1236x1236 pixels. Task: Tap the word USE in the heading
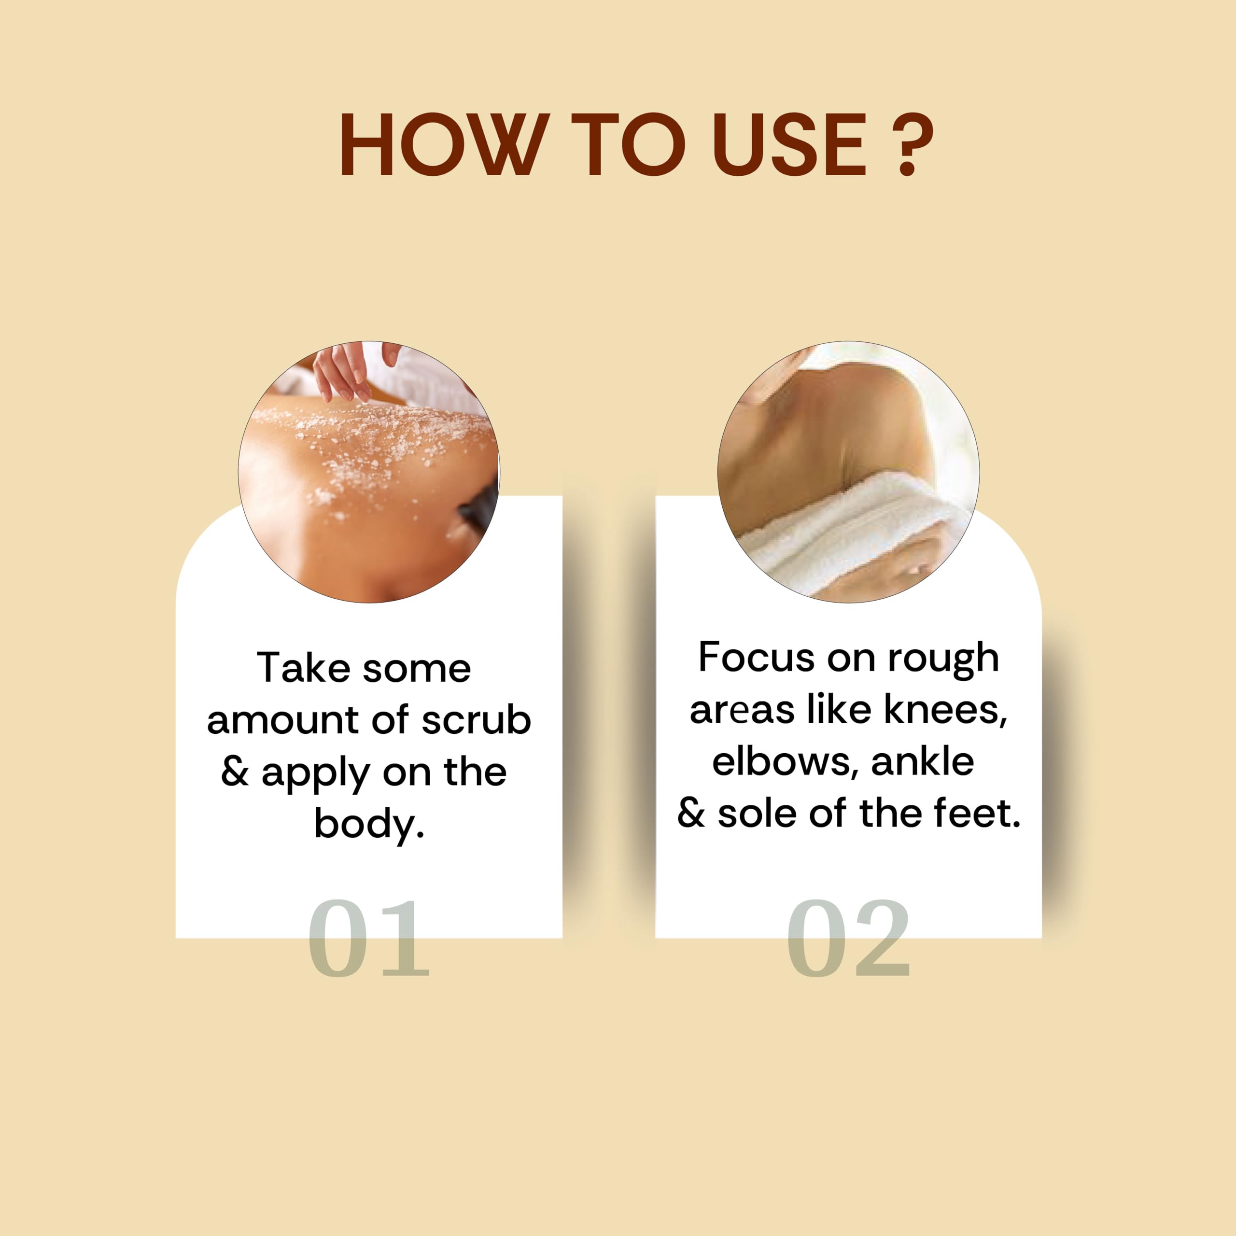789,144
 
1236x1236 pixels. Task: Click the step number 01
368,938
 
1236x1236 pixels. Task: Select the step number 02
848,938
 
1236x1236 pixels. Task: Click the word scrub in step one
477,720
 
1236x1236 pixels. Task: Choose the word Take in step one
304,669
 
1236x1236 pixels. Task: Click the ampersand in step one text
235,772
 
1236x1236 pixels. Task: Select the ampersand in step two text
691,813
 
